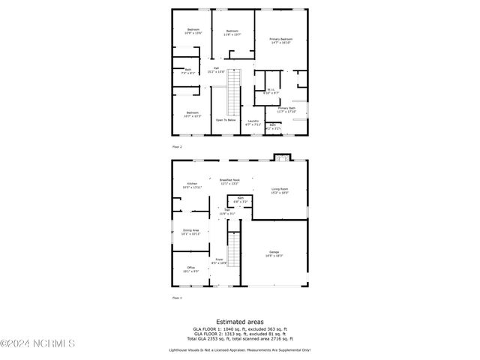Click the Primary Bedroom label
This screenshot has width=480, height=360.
(x=280, y=40)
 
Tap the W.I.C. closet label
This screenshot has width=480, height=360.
(x=272, y=91)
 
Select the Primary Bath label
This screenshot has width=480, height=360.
(x=287, y=109)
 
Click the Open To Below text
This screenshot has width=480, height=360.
(x=226, y=120)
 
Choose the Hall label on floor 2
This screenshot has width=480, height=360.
(x=216, y=70)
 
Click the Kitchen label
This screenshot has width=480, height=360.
(x=193, y=184)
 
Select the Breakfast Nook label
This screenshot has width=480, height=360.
(x=229, y=181)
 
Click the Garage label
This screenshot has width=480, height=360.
(x=274, y=253)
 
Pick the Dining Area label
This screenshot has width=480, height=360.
(x=191, y=232)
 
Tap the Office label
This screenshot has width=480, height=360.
(x=191, y=268)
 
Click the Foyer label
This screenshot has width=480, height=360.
(x=219, y=261)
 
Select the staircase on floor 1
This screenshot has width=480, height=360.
(x=235, y=250)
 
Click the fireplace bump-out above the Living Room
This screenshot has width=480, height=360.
(x=280, y=157)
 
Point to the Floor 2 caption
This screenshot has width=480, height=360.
(x=177, y=146)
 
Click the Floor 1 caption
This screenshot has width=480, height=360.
(x=177, y=298)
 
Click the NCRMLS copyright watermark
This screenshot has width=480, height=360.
(x=37, y=344)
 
